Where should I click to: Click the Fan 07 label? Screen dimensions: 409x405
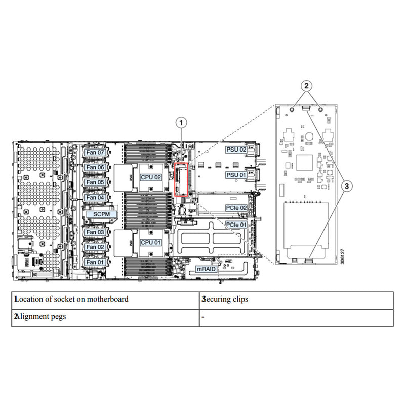click(x=95, y=152)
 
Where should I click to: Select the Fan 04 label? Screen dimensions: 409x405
click(x=95, y=197)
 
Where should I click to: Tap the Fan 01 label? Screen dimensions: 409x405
click(x=95, y=262)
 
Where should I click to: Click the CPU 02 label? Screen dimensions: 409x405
click(x=151, y=177)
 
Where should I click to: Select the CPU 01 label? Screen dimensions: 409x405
click(x=151, y=242)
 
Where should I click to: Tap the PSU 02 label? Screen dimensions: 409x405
click(x=236, y=150)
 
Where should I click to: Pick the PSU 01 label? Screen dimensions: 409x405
click(x=236, y=175)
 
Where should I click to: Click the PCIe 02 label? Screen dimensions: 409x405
click(x=236, y=208)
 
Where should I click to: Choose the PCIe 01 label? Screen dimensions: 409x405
click(x=236, y=225)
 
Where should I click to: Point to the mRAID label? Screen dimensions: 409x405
click(x=207, y=269)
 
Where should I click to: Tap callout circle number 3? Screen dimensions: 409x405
click(x=346, y=186)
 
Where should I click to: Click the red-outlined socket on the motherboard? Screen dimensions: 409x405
click(x=182, y=179)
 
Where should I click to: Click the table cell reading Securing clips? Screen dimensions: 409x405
click(x=225, y=299)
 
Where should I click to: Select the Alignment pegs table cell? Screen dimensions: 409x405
click(x=43, y=317)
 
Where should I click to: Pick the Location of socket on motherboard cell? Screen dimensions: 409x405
click(x=71, y=299)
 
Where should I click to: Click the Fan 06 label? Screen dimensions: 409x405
click(x=95, y=167)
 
